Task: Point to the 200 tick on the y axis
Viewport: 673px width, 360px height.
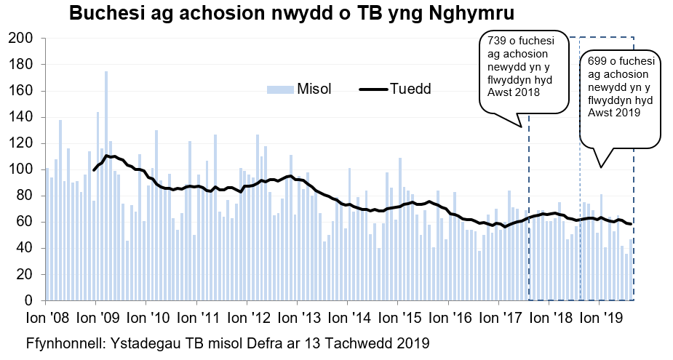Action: tap(20, 39)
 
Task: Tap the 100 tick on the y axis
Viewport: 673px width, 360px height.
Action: tap(20, 169)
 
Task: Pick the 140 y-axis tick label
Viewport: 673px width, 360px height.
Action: tap(20, 117)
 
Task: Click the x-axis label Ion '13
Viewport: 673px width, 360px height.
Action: tap(297, 318)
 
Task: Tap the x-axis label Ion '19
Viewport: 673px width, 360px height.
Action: tap(599, 318)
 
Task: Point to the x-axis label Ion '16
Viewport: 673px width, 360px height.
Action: tap(447, 318)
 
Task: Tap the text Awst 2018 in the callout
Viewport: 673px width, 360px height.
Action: tap(513, 92)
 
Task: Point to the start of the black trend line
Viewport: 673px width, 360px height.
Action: tap(94, 169)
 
